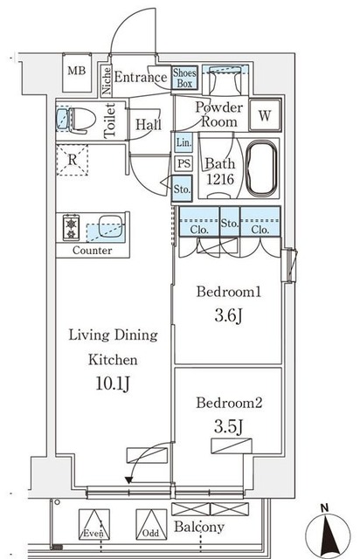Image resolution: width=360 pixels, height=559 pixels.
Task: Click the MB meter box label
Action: click(77, 71)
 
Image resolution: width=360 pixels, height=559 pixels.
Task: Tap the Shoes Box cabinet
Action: click(185, 78)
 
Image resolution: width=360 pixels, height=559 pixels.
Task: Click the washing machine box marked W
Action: click(265, 115)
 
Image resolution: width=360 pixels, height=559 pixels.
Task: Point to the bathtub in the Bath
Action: click(262, 169)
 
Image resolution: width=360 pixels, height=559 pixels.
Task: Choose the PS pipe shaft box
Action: click(183, 163)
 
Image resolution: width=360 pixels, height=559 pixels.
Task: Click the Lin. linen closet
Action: click(183, 142)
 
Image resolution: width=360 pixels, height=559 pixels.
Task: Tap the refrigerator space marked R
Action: click(73, 160)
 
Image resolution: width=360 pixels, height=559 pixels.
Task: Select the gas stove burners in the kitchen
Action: click(72, 228)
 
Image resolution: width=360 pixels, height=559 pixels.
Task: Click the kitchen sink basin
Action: click(109, 225)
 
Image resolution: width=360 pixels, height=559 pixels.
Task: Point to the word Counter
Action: click(92, 251)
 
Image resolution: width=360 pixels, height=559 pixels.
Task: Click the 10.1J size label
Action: click(113, 383)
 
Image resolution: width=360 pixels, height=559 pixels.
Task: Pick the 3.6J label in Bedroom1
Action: click(229, 315)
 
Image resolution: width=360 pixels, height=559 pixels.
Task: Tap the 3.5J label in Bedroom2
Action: click(229, 426)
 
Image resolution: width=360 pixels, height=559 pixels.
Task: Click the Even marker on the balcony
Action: click(93, 534)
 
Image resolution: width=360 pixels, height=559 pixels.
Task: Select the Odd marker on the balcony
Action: click(150, 534)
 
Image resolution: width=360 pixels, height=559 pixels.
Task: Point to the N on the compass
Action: click(324, 507)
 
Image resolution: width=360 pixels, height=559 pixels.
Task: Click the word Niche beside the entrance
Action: click(107, 81)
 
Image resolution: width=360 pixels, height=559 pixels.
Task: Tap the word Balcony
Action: click(199, 527)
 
